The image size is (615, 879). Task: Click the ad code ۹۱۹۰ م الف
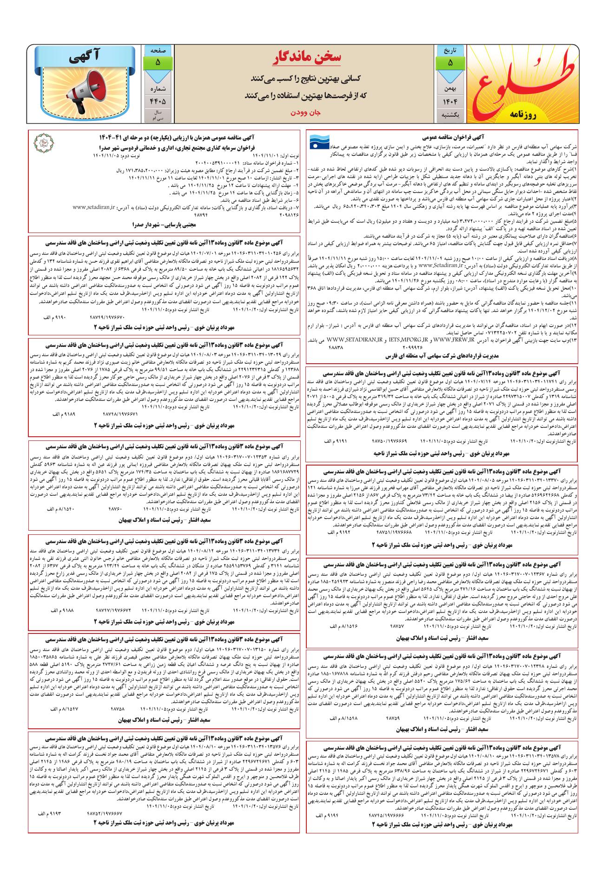point(53,317)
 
